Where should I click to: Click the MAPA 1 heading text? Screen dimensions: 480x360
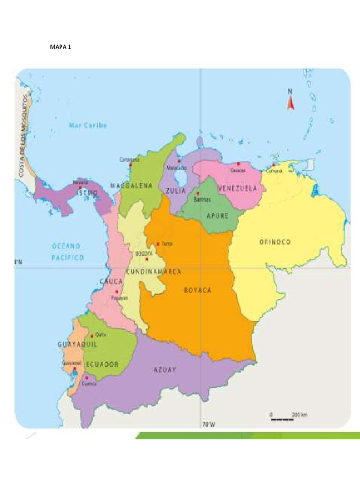60,47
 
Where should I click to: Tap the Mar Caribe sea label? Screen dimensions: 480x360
88,125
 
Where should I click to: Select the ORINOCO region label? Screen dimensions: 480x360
275,242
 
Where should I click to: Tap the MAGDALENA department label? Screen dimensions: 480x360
132,186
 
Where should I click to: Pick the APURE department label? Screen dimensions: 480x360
217,216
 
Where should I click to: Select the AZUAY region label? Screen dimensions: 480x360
165,369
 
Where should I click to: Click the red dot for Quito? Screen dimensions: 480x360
92,335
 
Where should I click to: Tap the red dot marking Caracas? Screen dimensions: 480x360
238,164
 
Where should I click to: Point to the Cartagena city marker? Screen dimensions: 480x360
131,165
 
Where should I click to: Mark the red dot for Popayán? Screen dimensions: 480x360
117,291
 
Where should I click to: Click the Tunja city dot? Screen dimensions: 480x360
158,244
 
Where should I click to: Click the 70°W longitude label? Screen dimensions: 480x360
209,425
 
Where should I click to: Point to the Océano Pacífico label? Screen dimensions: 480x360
67,252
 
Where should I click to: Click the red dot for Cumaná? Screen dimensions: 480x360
273,165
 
